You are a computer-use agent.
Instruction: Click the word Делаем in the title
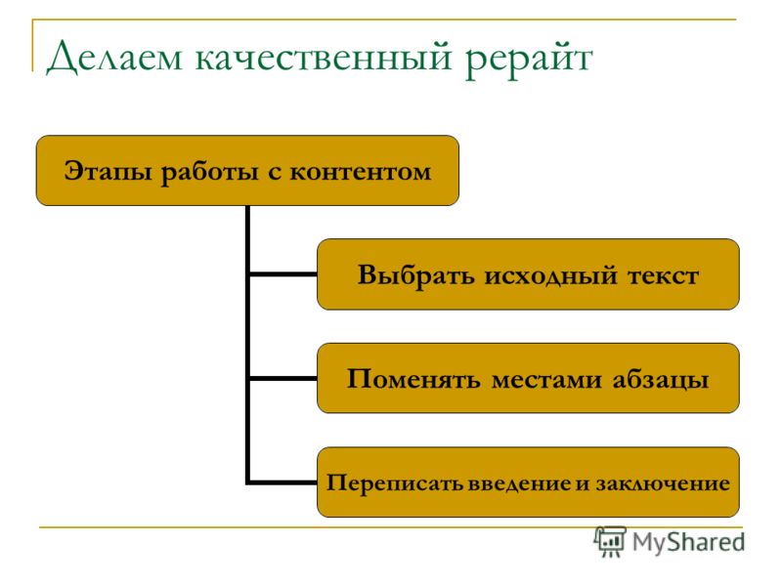tap(114, 58)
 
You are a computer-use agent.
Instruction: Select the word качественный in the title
tap(324, 58)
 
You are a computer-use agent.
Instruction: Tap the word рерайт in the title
tap(529, 60)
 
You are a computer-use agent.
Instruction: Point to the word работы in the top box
tap(210, 173)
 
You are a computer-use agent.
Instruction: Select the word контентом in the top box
tap(361, 173)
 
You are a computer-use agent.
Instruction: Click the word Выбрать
tap(416, 275)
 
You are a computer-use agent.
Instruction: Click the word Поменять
tap(413, 379)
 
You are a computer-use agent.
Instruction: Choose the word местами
tap(546, 380)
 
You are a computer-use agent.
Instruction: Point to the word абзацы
tap(661, 380)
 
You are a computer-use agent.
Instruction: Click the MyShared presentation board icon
tap(610, 541)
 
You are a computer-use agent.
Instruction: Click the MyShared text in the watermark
tap(689, 542)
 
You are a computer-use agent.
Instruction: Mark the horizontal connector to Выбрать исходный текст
tap(282, 274)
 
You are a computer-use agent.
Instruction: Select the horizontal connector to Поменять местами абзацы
tap(282, 379)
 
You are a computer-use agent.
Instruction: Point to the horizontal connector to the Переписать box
tap(282, 482)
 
